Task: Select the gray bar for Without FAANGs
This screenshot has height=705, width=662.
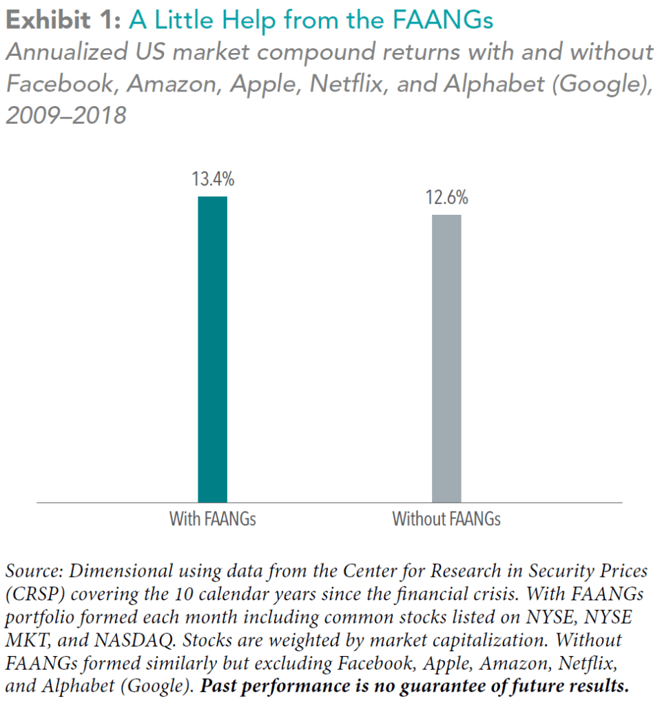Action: click(x=446, y=358)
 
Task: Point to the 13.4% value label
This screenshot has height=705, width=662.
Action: click(x=212, y=180)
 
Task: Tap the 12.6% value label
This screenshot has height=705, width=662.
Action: click(x=446, y=198)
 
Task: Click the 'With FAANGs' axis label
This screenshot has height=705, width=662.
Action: click(x=212, y=519)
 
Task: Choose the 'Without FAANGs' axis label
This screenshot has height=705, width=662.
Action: click(x=446, y=519)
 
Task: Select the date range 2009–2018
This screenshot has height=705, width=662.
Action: click(x=66, y=115)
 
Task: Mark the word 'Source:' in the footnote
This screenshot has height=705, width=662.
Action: click(x=34, y=571)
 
